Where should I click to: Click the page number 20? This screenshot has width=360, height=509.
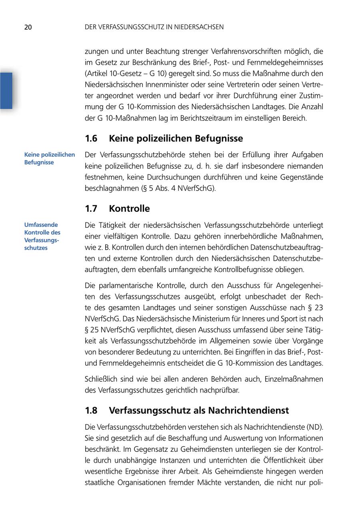tap(28, 27)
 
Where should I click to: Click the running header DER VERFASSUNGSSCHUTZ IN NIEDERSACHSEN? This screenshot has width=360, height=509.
tap(154, 27)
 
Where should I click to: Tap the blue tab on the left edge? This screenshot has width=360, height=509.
tap(6, 90)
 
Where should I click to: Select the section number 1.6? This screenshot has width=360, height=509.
tap(91, 138)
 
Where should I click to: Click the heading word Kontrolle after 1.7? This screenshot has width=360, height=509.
tap(129, 208)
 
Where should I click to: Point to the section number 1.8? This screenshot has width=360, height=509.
tap(91, 411)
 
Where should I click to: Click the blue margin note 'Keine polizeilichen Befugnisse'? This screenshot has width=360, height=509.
tap(49, 158)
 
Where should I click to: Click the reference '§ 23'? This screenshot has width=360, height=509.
tap(316, 308)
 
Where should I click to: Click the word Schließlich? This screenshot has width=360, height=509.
tap(101, 379)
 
